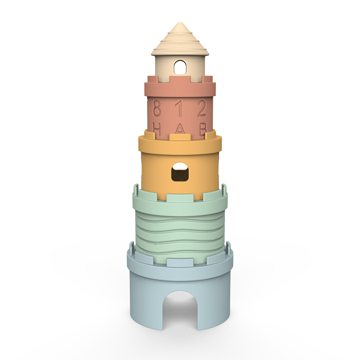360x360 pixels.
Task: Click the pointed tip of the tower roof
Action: click(180, 24)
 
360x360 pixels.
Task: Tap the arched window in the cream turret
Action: click(180, 67)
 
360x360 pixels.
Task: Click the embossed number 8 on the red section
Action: click(157, 108)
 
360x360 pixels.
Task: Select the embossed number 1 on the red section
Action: click(180, 108)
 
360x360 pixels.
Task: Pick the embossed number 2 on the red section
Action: click(202, 108)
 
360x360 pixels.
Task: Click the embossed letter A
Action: click(180, 129)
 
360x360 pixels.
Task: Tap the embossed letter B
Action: click(202, 128)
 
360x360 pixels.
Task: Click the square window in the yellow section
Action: click(180, 172)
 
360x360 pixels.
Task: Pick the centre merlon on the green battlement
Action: click(174, 197)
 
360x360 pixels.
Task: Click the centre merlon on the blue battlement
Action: click(174, 262)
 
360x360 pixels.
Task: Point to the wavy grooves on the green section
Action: click(180, 229)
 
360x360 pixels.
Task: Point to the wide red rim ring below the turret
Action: click(180, 89)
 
